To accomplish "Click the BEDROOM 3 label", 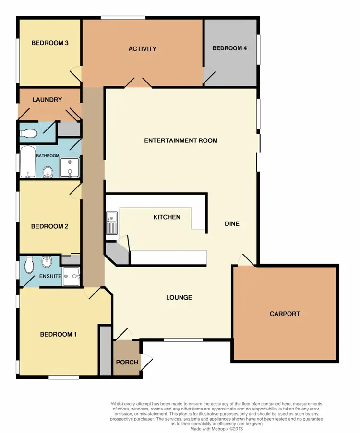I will pyautogui.click(x=50, y=43).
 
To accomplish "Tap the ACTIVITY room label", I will pyautogui.click(x=143, y=49).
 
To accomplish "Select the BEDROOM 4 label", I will pyautogui.click(x=229, y=48).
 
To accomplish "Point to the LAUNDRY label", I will pyautogui.click(x=47, y=100).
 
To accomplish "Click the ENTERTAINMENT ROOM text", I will pyautogui.click(x=181, y=140).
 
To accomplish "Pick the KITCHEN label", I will pyautogui.click(x=167, y=217).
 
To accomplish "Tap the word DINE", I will pyautogui.click(x=232, y=224).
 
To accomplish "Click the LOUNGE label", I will pyautogui.click(x=179, y=297).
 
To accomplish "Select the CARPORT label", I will pyautogui.click(x=285, y=314).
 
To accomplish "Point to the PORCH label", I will pyautogui.click(x=127, y=362).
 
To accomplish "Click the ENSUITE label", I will pyautogui.click(x=50, y=276).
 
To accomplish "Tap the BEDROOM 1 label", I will pyautogui.click(x=58, y=334).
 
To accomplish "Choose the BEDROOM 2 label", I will pyautogui.click(x=49, y=226).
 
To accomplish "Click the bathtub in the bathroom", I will pyautogui.click(x=27, y=162).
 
